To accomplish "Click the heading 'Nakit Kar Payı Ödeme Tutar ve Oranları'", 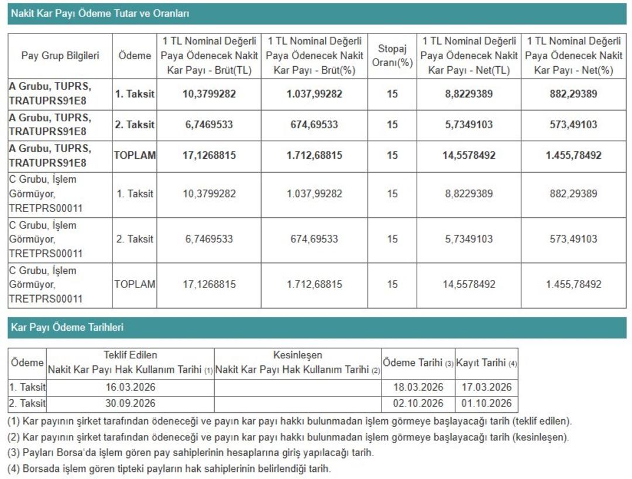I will tap(100, 13).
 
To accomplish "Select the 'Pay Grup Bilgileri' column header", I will tap(60, 56).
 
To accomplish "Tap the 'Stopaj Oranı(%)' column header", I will tap(392, 56).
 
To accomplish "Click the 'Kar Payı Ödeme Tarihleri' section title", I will tap(67, 327).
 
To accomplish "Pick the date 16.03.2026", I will tap(130, 387).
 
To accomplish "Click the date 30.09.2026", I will tap(130, 403).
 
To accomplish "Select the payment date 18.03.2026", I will tap(418, 387).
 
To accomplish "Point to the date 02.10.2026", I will tap(418, 403).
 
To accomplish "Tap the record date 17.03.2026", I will tap(486, 387).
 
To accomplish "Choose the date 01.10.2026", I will tap(486, 403).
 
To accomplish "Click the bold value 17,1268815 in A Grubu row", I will tap(209, 155).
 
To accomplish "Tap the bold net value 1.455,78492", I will tap(573, 155).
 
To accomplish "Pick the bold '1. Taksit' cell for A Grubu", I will tap(135, 94).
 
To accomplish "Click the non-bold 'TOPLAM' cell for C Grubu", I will tap(135, 285).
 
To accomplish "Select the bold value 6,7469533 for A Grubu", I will tap(209, 125).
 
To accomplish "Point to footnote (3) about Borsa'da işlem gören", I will tap(190, 453).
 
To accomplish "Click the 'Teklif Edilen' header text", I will tap(130, 355).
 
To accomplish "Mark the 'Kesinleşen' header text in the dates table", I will tap(297, 355).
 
